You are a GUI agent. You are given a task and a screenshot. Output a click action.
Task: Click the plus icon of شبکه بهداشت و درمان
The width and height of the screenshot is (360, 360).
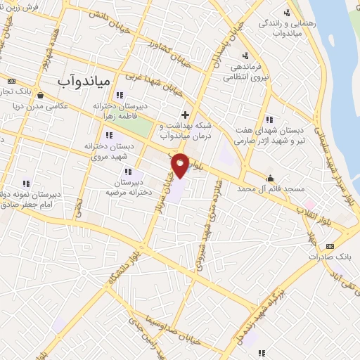point(185,115)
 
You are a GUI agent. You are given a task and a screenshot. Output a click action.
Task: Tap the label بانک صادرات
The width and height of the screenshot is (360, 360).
point(328,257)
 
